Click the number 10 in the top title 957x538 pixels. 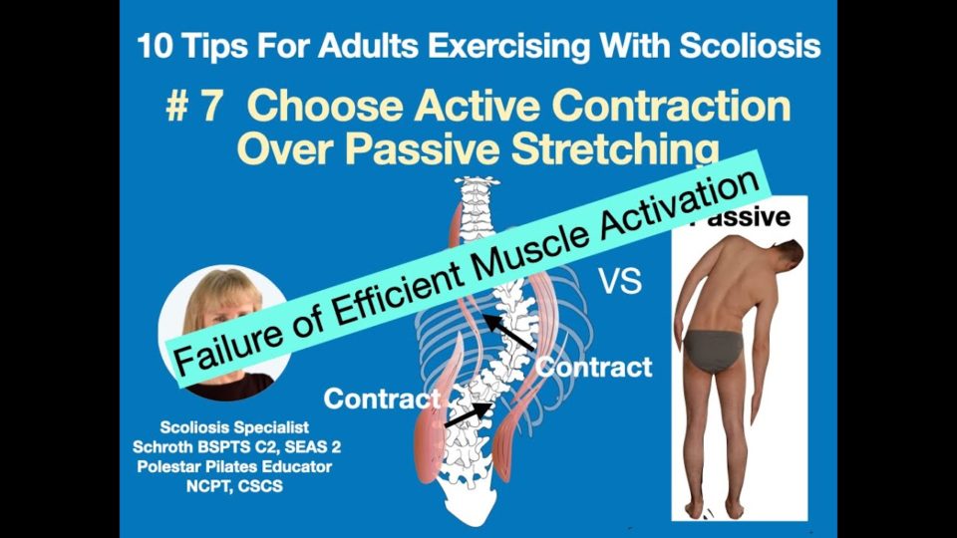(x=156, y=47)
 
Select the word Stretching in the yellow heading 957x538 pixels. (x=615, y=149)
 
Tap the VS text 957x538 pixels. (x=619, y=282)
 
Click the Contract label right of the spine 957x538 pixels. (x=593, y=368)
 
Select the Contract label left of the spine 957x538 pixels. (x=382, y=399)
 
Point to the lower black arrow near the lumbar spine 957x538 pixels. (x=469, y=414)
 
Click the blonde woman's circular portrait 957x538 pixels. (x=224, y=333)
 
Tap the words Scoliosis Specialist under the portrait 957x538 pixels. (x=234, y=427)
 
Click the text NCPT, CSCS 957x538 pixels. (x=235, y=486)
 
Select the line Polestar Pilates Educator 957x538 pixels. (x=234, y=466)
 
